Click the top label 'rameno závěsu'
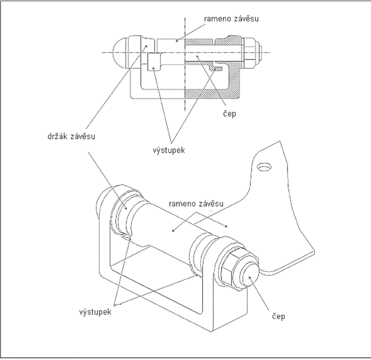coord(231,19)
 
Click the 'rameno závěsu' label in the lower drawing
coord(196,204)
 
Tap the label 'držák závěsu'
coord(71,137)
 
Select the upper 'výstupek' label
coord(168,151)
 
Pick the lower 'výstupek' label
coord(95,312)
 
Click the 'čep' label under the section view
coord(229,113)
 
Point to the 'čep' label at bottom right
coord(278,317)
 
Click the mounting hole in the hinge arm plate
coord(264,167)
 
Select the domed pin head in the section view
coord(121,53)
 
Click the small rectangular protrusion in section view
coord(154,62)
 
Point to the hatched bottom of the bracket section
coord(212,94)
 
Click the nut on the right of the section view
coord(251,52)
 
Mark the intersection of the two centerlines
coord(185,52)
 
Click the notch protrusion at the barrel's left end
coord(127,236)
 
